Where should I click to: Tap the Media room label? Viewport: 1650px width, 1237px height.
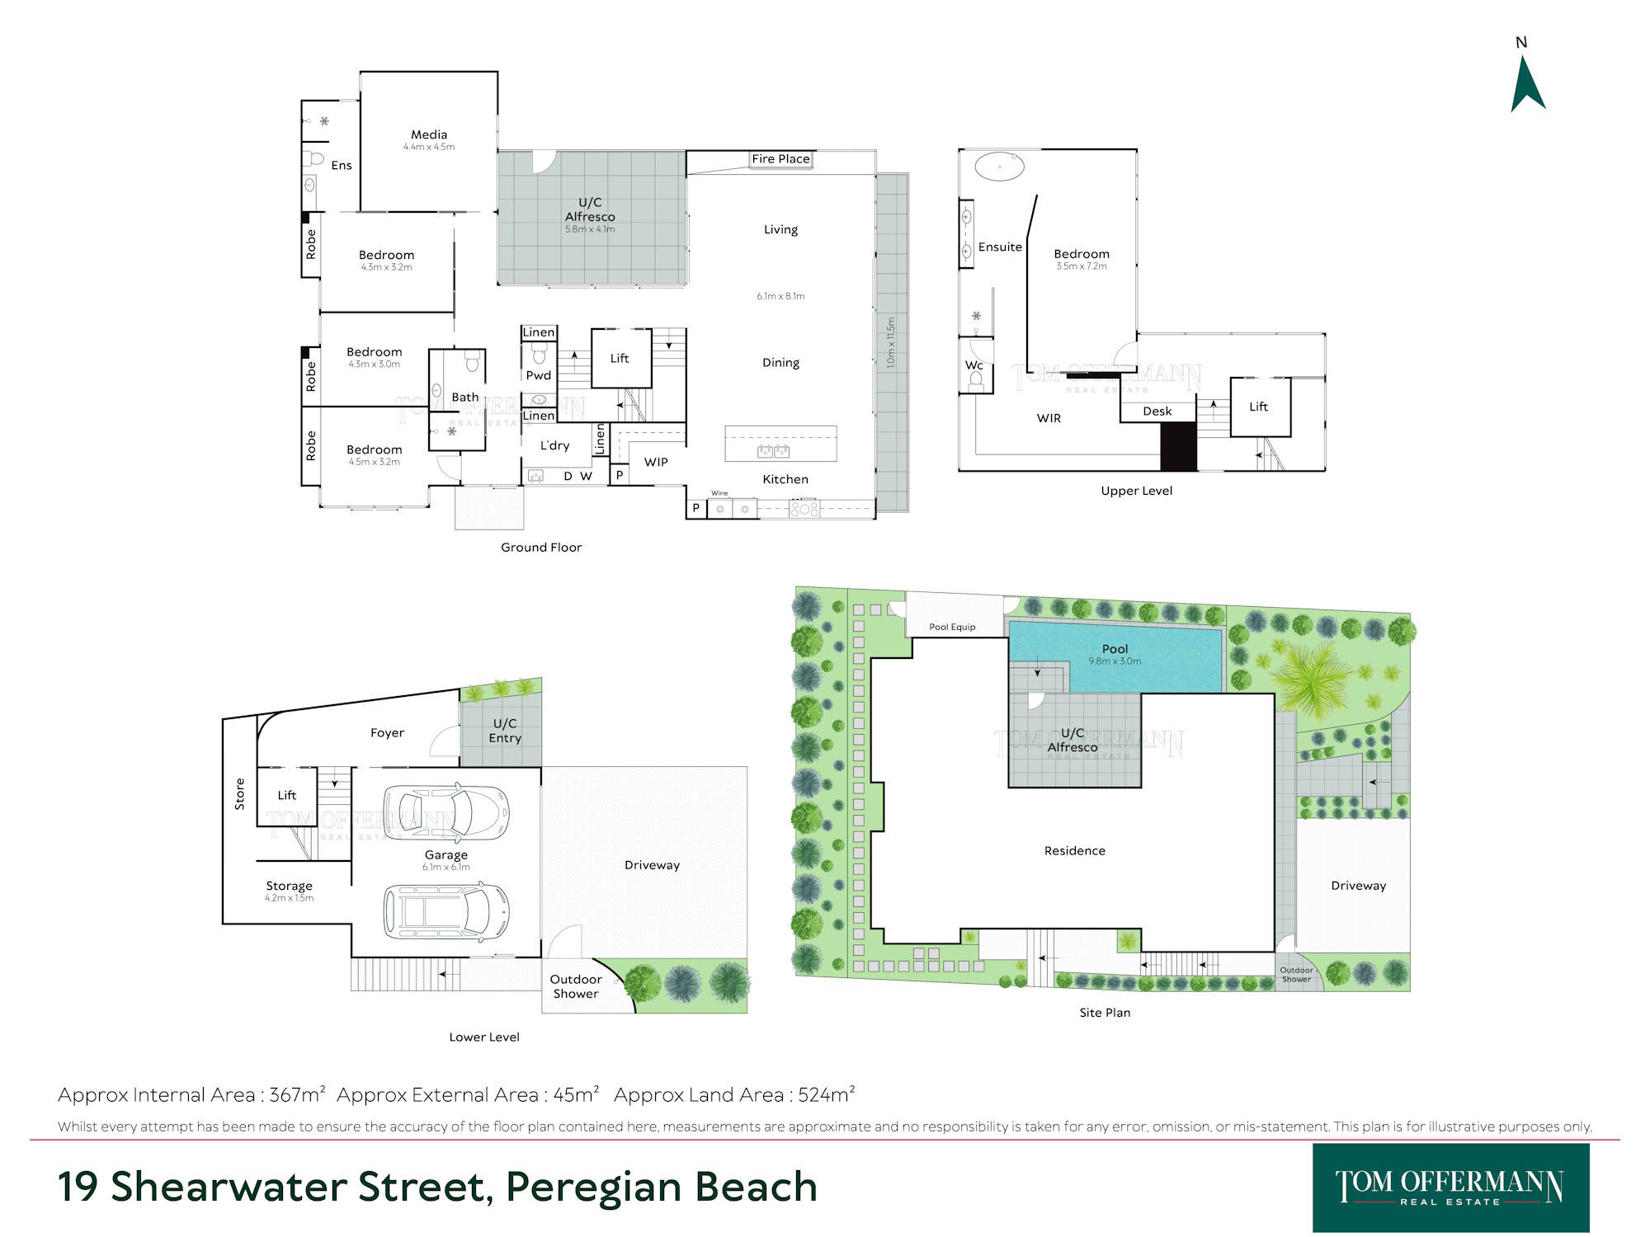point(429,134)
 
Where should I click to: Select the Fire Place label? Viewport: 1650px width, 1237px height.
point(780,159)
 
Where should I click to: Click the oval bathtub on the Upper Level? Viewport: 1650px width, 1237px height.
point(999,166)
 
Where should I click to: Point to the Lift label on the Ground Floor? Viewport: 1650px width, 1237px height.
point(620,358)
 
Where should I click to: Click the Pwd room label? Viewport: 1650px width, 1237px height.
point(539,375)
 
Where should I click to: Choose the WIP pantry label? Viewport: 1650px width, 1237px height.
point(656,462)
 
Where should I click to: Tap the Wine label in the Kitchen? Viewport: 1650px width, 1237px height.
point(719,493)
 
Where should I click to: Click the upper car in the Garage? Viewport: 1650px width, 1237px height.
point(446,812)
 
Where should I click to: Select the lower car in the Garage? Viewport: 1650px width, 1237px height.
point(446,911)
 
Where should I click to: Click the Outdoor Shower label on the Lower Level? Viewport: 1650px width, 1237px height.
point(576,986)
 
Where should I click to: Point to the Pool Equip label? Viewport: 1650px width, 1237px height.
point(952,627)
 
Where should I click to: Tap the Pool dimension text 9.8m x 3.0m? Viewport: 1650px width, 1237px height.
point(1115,661)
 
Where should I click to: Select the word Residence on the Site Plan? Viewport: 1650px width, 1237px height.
point(1074,850)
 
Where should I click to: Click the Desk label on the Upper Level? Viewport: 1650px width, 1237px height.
point(1157,412)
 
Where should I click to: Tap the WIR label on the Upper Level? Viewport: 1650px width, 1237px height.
point(1049,418)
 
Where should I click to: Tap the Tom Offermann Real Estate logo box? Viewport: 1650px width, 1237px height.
point(1450,1188)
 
